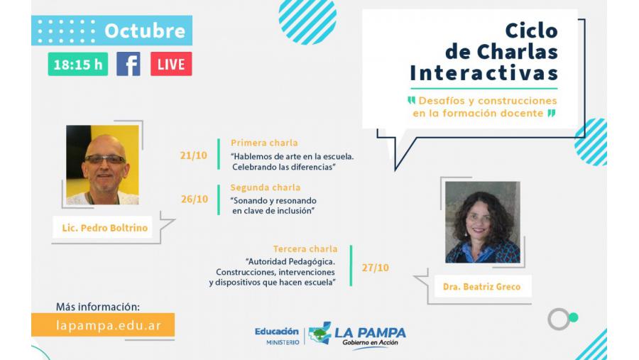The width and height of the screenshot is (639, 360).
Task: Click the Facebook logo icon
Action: pos(129,64)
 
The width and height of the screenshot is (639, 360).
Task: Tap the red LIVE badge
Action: pos(171,64)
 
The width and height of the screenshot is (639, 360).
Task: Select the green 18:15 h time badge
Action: pos(78,64)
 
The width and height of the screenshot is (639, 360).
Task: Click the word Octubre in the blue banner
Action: pos(145,31)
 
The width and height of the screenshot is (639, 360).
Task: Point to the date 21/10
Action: pos(194,156)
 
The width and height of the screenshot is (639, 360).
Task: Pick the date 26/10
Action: pos(195,199)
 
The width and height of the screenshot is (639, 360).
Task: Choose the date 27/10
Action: pos(376,268)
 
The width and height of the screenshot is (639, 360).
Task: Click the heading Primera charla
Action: pos(264,143)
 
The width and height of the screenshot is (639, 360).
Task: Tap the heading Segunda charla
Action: pos(266,187)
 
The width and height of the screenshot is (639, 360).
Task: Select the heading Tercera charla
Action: pos(305,249)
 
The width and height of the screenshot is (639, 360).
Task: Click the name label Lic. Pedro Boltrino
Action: pos(105,228)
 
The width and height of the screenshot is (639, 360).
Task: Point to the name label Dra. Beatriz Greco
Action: pos(481,287)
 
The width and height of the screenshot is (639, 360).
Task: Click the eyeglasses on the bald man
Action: pos(105,160)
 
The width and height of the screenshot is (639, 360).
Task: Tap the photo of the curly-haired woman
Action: pos(483,222)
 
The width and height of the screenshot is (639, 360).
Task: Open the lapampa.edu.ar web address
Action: pos(109,326)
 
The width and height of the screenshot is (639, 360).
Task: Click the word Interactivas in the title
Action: pos(484,73)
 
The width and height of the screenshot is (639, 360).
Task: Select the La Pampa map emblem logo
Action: pos(320,333)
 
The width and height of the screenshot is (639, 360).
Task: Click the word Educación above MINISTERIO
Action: pos(277,332)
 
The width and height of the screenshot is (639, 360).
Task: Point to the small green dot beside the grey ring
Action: pos(574,317)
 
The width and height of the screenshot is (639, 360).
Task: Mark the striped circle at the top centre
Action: pos(307,21)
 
